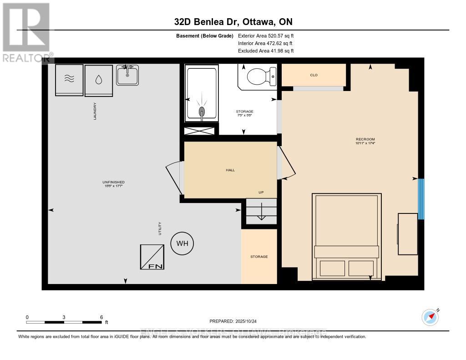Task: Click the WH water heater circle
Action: pos(182,243)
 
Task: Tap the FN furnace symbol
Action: pos(152,257)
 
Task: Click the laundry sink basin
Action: pos(127,75)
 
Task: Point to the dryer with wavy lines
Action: pos(69,79)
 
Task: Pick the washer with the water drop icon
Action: pos(99,80)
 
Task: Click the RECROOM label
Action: pos(365,139)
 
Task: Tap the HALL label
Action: pos(230,170)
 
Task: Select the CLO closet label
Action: pos(314,75)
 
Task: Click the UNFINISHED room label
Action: pos(114,182)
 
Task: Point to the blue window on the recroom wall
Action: pos(421,199)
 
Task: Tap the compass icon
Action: pos(430,317)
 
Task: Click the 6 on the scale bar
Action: pos(101,317)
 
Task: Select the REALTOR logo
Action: pos(26,32)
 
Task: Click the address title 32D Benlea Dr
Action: pos(233,21)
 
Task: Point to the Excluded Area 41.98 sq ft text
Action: pos(266,51)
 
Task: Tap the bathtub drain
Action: pos(201,111)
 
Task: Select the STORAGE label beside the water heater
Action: pos(259,257)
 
